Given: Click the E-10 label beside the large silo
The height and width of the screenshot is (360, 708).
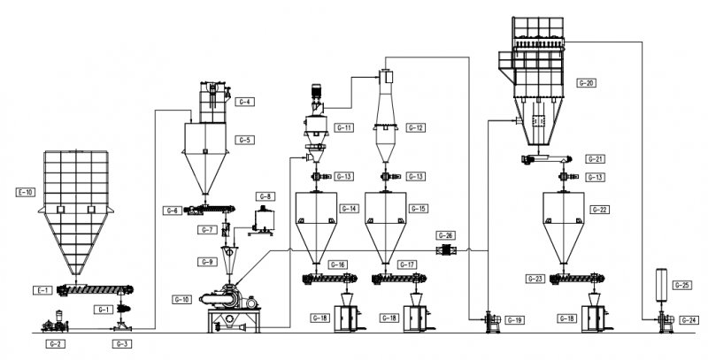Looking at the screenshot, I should point(26,191).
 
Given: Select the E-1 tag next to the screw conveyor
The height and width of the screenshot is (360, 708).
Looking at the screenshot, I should point(41,290).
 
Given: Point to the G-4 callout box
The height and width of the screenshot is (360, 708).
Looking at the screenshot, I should point(245,102).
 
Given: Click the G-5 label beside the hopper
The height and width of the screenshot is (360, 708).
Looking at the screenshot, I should point(245,140).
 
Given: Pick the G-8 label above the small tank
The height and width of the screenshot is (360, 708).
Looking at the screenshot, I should point(264,195).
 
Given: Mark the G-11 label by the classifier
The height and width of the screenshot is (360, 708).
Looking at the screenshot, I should point(344,128).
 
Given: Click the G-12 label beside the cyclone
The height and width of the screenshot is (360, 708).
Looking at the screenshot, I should point(415,128).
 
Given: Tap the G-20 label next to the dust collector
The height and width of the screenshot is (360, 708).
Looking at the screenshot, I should point(586,83).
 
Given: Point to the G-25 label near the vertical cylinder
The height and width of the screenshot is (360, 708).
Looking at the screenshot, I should point(682,285).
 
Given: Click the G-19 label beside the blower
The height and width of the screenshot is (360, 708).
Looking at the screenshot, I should point(515,318).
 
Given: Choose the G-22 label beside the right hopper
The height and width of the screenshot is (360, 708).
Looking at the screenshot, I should point(599,210).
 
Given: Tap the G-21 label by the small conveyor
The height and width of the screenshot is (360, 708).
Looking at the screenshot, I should point(594,159).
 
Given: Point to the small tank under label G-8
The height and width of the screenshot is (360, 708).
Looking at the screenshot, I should point(263,219).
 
